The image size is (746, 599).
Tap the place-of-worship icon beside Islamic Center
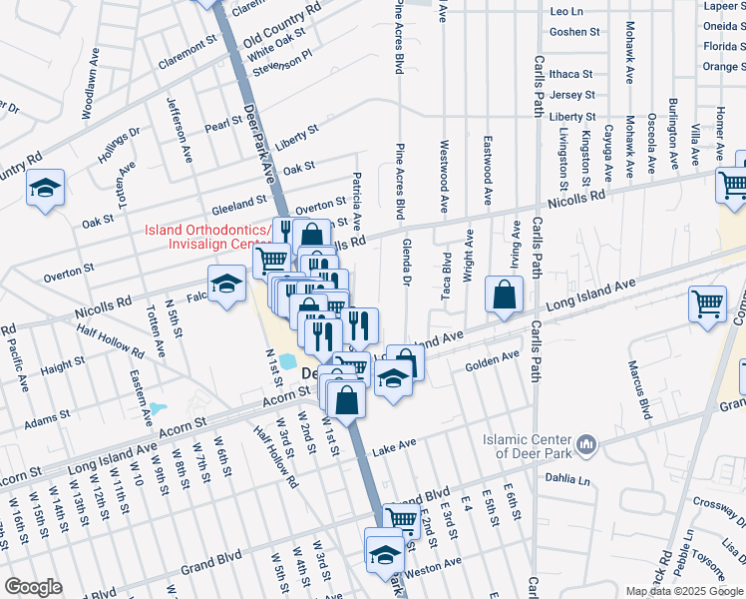(586, 442)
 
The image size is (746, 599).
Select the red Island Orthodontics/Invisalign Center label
(206, 237)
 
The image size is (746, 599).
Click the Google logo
(34, 586)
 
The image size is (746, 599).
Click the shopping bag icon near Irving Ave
(505, 296)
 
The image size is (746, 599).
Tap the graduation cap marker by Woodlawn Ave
(45, 190)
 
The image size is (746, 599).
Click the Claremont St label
(186, 52)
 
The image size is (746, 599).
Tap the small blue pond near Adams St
(161, 407)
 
